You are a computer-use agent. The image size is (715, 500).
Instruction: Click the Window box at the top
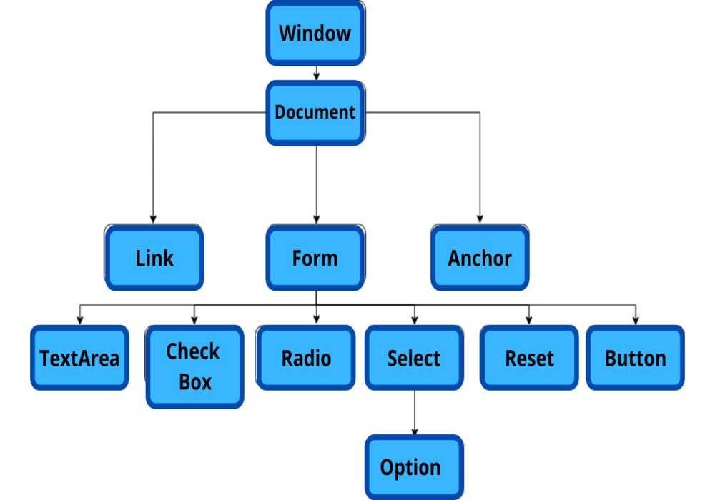(315, 33)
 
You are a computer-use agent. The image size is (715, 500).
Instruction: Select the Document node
(315, 113)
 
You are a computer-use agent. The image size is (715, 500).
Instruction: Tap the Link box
(154, 258)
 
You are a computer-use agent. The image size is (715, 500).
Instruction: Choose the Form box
(315, 258)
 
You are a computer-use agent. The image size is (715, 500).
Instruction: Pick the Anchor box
(480, 258)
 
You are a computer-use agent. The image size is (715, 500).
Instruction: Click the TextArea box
(79, 358)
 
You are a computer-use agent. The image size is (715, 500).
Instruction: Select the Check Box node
(194, 366)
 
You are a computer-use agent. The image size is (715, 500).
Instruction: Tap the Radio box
(306, 358)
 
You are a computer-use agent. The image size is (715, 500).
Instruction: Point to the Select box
(414, 358)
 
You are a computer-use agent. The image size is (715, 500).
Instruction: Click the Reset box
(529, 358)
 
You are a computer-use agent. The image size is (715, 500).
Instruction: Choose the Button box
(636, 358)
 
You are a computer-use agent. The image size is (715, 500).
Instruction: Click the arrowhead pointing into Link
(152, 219)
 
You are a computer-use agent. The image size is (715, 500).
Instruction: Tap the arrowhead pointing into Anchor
(480, 219)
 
